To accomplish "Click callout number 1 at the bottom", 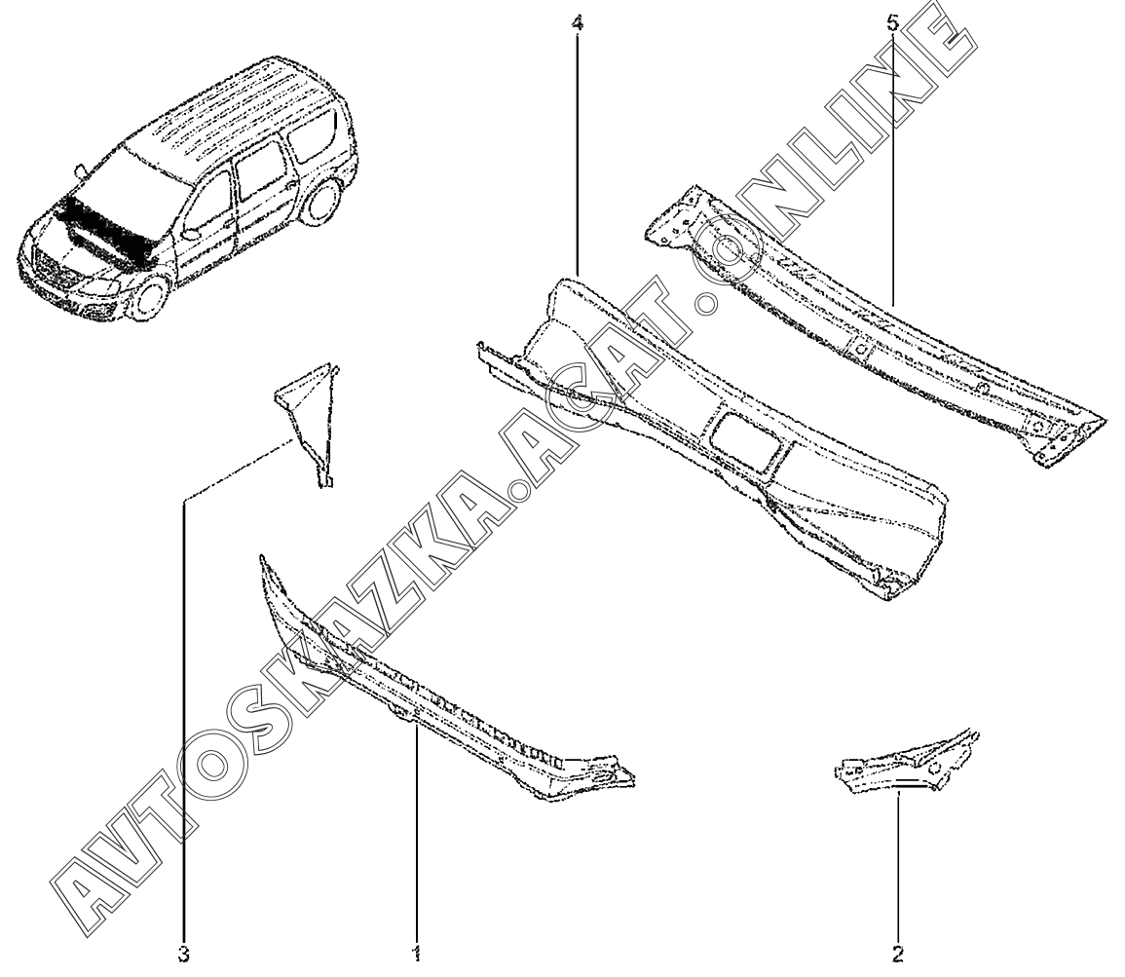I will [417, 953].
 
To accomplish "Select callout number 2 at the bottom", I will [898, 953].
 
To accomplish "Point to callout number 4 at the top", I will [579, 20].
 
